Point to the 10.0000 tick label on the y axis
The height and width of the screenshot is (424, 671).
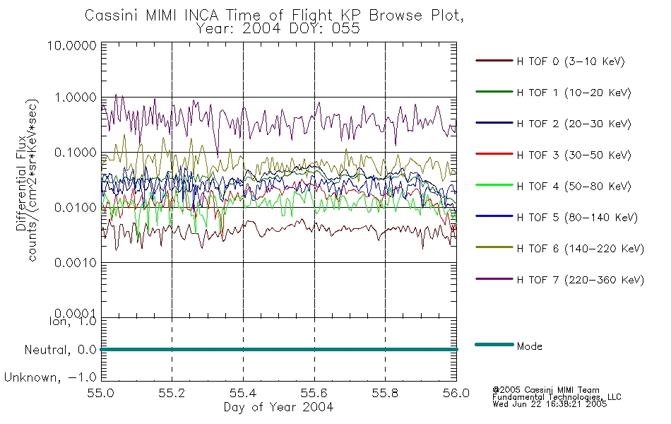tap(72, 45)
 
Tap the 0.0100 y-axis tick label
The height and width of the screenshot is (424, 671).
tap(76, 208)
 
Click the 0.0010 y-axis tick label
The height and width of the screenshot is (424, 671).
tap(76, 263)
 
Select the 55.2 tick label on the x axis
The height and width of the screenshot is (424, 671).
tap(172, 393)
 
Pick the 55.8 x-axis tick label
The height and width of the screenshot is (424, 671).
tap(385, 393)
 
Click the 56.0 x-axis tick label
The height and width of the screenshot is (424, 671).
tap(456, 393)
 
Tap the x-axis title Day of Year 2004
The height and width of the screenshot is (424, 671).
tap(278, 407)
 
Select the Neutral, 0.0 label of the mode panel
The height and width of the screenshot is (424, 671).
tap(61, 350)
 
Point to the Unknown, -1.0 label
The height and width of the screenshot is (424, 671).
tap(50, 377)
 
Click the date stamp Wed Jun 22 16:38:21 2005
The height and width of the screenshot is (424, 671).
tap(550, 404)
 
